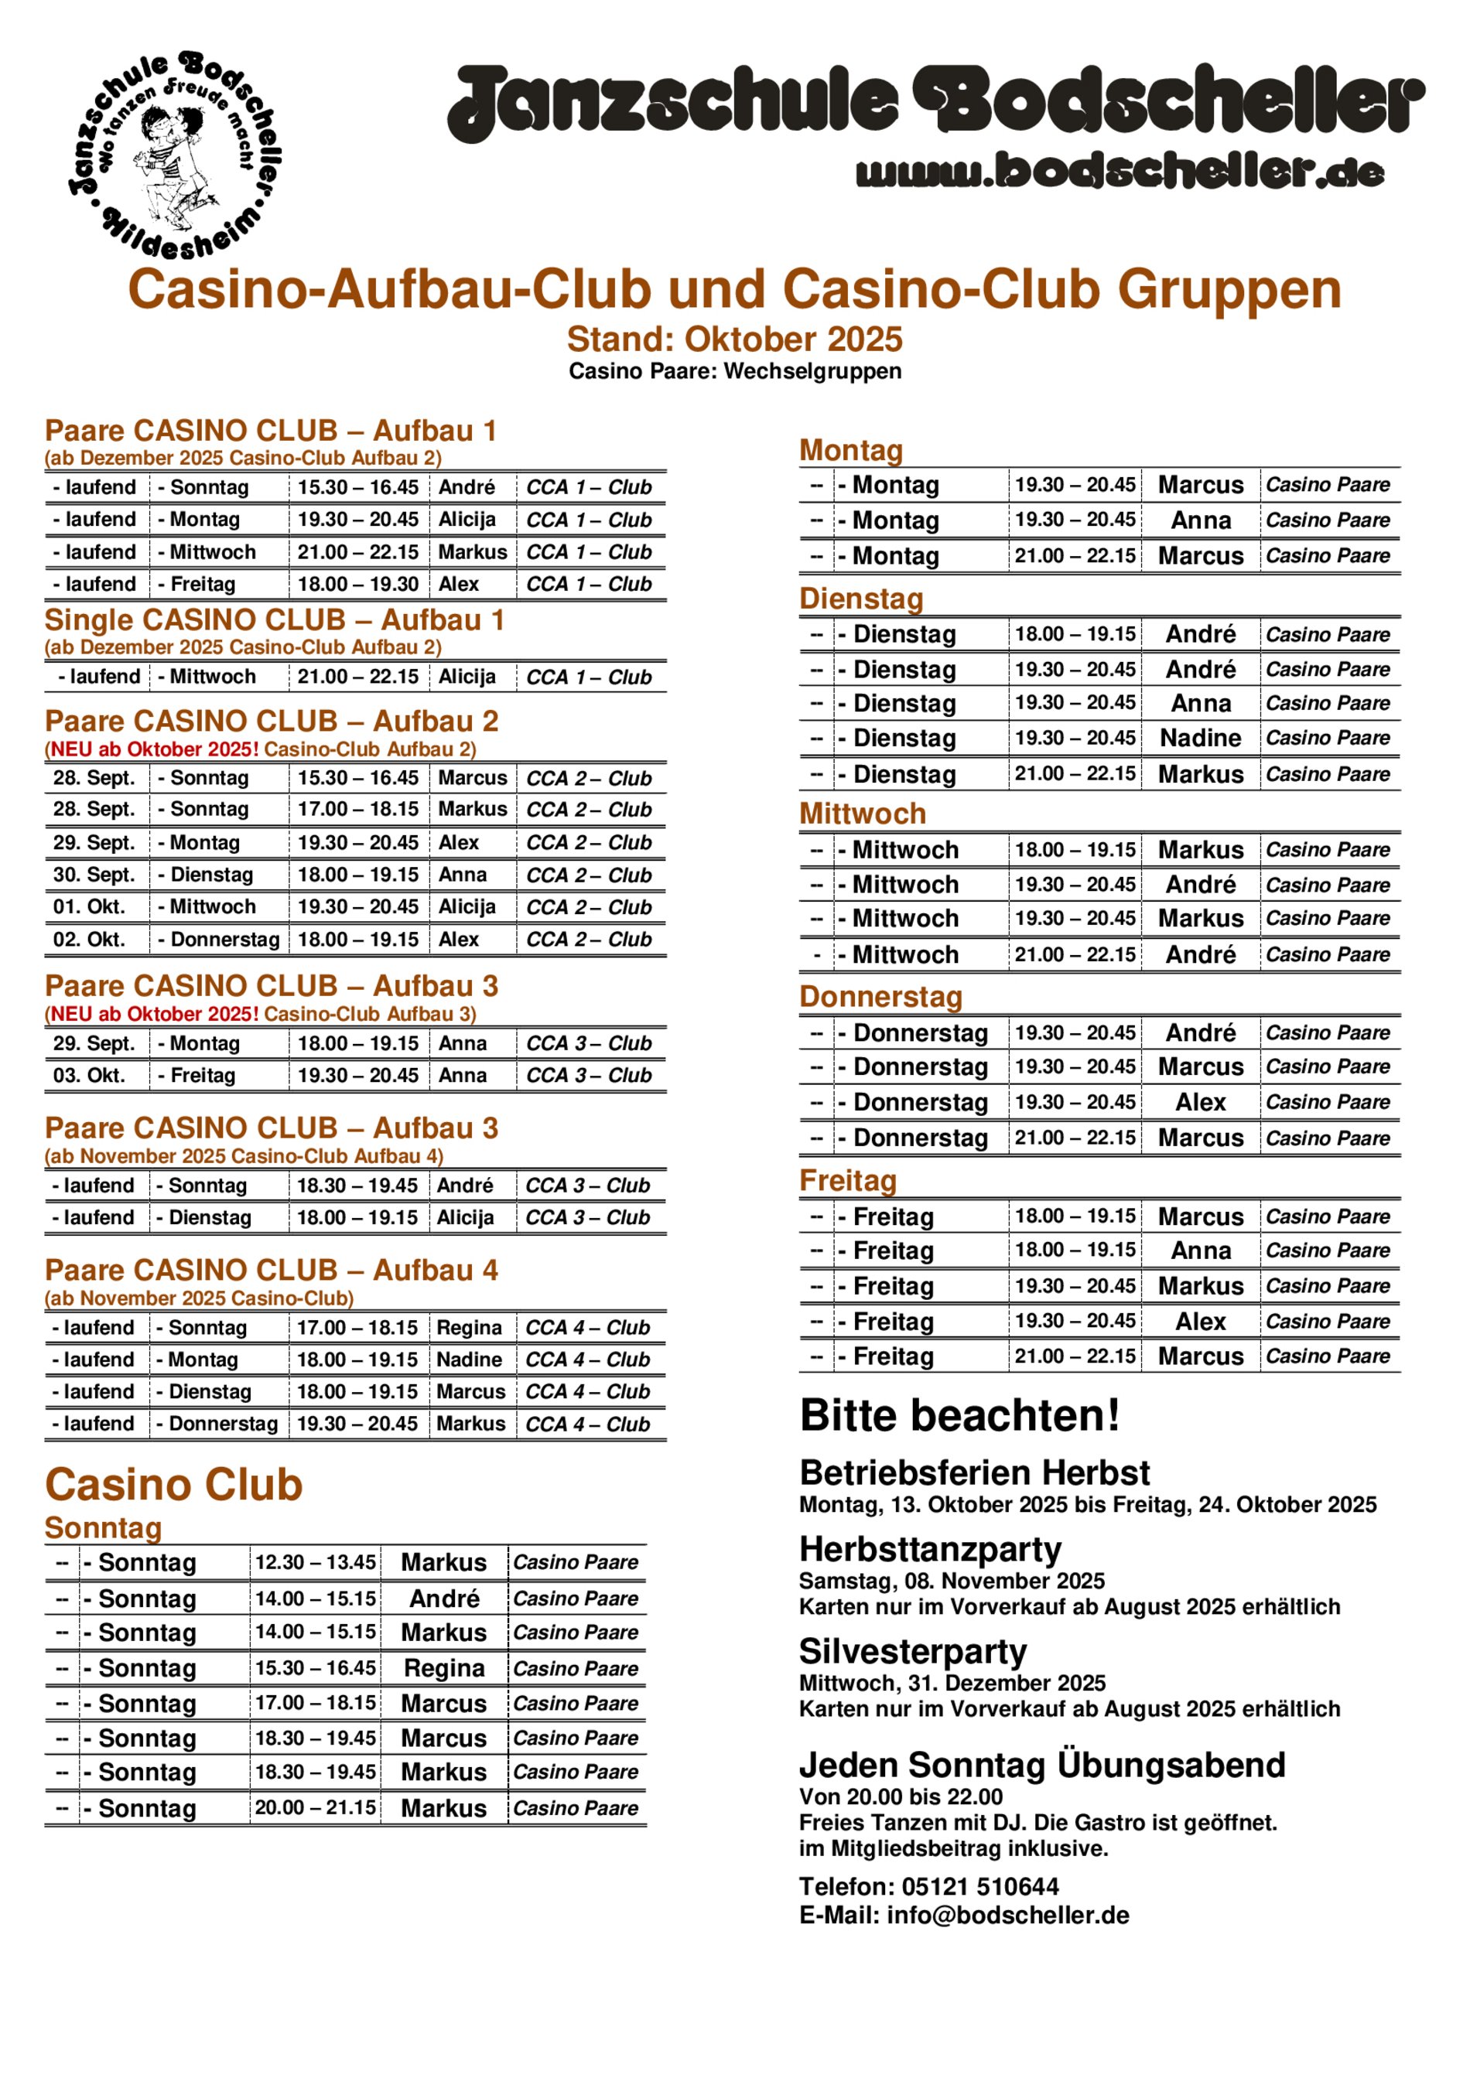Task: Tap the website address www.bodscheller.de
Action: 1119,171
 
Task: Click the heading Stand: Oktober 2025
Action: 734,340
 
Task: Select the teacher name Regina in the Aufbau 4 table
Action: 468,1328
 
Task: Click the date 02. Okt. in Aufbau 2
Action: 89,940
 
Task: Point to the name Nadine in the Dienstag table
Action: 1199,739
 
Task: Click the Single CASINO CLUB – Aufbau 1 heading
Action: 274,620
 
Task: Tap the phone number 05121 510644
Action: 979,1887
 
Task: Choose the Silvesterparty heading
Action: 912,1652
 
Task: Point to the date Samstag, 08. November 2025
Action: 952,1582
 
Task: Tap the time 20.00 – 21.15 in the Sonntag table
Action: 315,1808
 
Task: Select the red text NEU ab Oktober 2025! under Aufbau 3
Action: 154,1014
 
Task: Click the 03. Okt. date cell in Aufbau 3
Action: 89,1075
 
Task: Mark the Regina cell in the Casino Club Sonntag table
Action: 443,1668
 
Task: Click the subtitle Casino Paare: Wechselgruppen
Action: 734,371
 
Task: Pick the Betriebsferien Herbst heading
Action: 974,1473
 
